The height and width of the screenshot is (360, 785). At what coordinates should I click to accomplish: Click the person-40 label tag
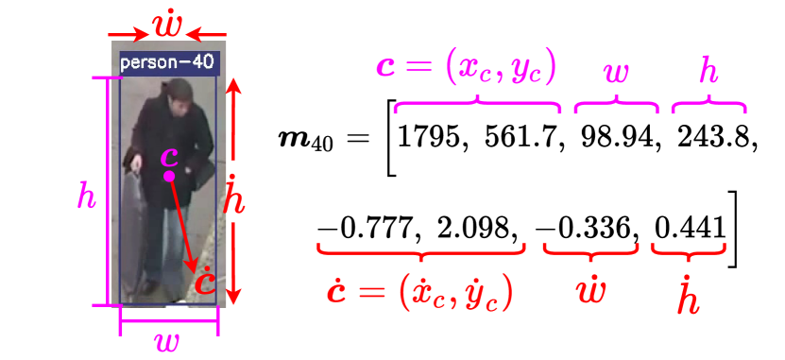[x=169, y=63]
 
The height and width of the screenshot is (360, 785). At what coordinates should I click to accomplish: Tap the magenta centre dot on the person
[x=169, y=176]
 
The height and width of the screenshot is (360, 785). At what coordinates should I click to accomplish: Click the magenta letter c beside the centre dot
[x=169, y=157]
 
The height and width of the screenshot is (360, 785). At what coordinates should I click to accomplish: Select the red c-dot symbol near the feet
[x=204, y=283]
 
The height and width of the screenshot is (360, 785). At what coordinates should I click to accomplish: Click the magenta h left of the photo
[x=87, y=197]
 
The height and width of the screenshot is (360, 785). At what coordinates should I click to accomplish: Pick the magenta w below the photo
[x=167, y=341]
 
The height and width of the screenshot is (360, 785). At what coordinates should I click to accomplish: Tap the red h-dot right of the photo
[x=235, y=197]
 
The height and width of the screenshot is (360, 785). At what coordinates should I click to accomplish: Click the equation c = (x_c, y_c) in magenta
[x=466, y=68]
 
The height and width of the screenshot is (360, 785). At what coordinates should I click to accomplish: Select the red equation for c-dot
[x=419, y=291]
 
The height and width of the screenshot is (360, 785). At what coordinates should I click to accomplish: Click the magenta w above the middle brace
[x=615, y=72]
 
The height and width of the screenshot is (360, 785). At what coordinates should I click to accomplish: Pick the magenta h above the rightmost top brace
[x=708, y=70]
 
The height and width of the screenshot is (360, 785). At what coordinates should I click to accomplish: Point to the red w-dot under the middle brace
[x=590, y=289]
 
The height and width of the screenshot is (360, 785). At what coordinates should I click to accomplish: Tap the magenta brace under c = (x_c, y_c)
[x=477, y=105]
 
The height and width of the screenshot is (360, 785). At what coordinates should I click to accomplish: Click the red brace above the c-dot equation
[x=421, y=250]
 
